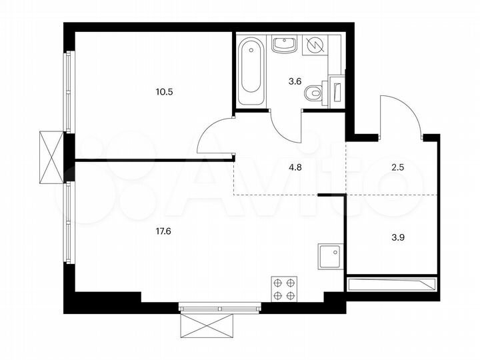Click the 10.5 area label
point(164,92)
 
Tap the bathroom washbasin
point(285,45)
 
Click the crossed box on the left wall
point(51,156)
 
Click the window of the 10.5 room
point(67,93)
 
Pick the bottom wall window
point(209,308)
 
